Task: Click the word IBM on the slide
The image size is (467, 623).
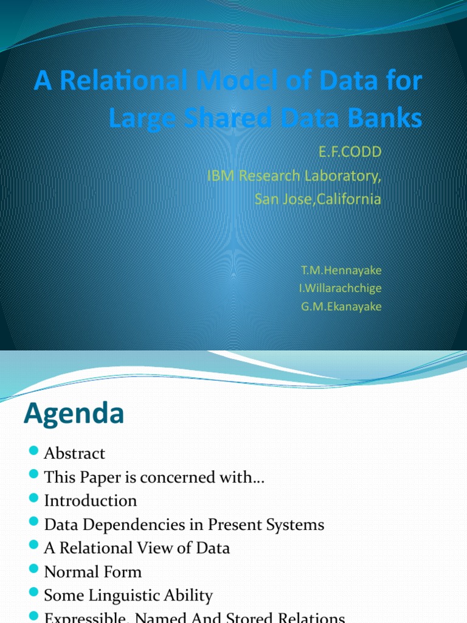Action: tap(221, 176)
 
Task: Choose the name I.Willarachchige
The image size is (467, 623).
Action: tap(340, 288)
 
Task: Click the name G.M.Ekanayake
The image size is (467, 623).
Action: tap(341, 307)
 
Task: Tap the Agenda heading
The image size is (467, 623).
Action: tap(74, 414)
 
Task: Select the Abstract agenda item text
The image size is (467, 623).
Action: tap(74, 453)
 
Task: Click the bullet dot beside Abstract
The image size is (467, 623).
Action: tap(33, 452)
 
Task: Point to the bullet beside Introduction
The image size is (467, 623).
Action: tap(33, 499)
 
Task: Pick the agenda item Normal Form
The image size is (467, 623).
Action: tap(92, 572)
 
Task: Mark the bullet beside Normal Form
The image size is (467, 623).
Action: tap(33, 571)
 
